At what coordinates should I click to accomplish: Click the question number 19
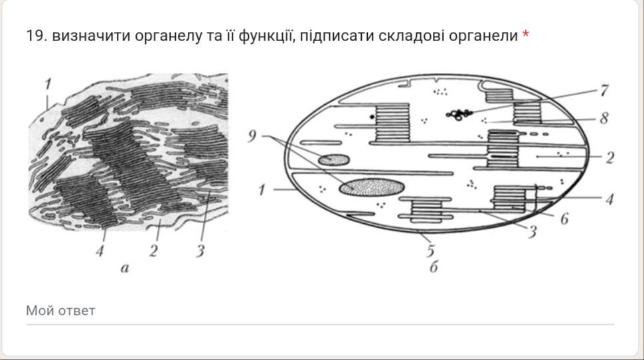[36, 36]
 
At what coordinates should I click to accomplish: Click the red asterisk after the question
[525, 34]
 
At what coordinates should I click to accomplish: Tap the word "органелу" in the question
[168, 36]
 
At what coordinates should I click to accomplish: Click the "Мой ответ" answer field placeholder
[60, 311]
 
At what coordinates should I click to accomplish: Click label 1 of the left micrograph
[48, 84]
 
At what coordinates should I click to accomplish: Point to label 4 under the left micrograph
[100, 250]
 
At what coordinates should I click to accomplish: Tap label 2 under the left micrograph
[153, 250]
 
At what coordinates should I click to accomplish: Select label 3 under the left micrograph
[200, 250]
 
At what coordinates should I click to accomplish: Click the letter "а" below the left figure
[125, 268]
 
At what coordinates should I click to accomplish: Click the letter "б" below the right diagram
[434, 267]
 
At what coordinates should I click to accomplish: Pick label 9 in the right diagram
[252, 136]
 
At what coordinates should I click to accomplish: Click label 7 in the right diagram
[604, 90]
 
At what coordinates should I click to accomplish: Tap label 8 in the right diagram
[604, 118]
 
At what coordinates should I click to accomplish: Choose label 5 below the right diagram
[430, 250]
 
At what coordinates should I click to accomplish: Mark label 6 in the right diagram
[565, 219]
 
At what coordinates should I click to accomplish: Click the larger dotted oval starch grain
[372, 187]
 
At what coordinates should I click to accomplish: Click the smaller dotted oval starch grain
[334, 159]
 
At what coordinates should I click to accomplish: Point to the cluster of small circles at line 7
[459, 114]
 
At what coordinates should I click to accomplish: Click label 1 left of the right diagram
[262, 190]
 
